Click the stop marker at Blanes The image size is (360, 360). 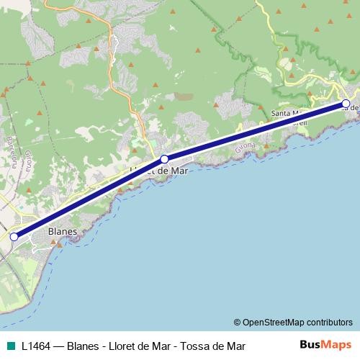click(14, 236)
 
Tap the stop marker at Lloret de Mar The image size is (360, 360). click(164, 159)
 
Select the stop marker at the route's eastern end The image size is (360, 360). click(346, 104)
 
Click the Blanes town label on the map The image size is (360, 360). click(61, 232)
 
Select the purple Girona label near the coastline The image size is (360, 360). click(246, 145)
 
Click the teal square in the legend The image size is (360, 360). click(11, 345)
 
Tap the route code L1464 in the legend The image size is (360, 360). click(37, 345)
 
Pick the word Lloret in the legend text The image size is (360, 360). click(122, 345)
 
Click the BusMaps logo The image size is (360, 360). click(325, 344)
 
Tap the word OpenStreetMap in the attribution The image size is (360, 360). click(274, 322)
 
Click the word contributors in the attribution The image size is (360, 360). click(330, 322)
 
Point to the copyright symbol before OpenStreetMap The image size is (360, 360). click(238, 322)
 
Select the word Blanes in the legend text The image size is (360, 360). click(83, 345)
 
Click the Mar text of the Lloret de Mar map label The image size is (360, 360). click(168, 171)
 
